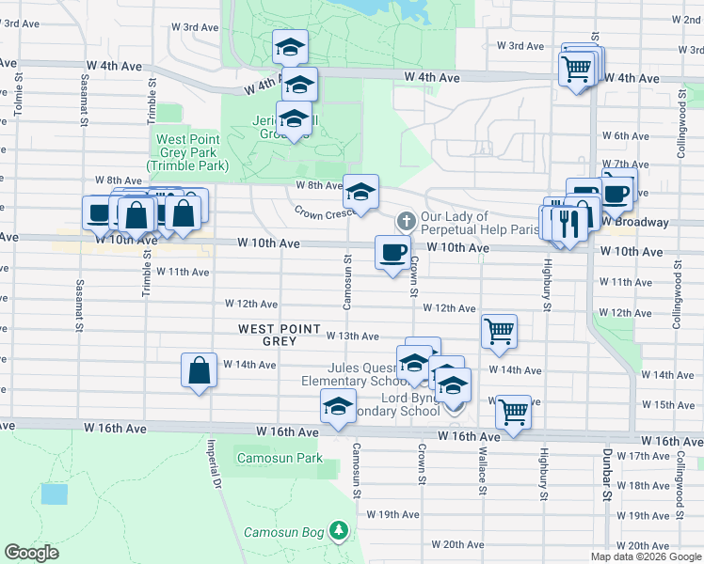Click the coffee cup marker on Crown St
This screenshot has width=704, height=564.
pos(392,252)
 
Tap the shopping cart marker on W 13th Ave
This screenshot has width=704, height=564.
pos(498,331)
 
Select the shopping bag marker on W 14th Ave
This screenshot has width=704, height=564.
pos(200,370)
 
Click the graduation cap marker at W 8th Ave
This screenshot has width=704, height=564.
pos(360,192)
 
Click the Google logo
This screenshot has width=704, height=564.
pos(32,554)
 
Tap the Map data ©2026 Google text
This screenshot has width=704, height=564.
pos(646,556)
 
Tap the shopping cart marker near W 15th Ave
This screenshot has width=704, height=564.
pos(512,411)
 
